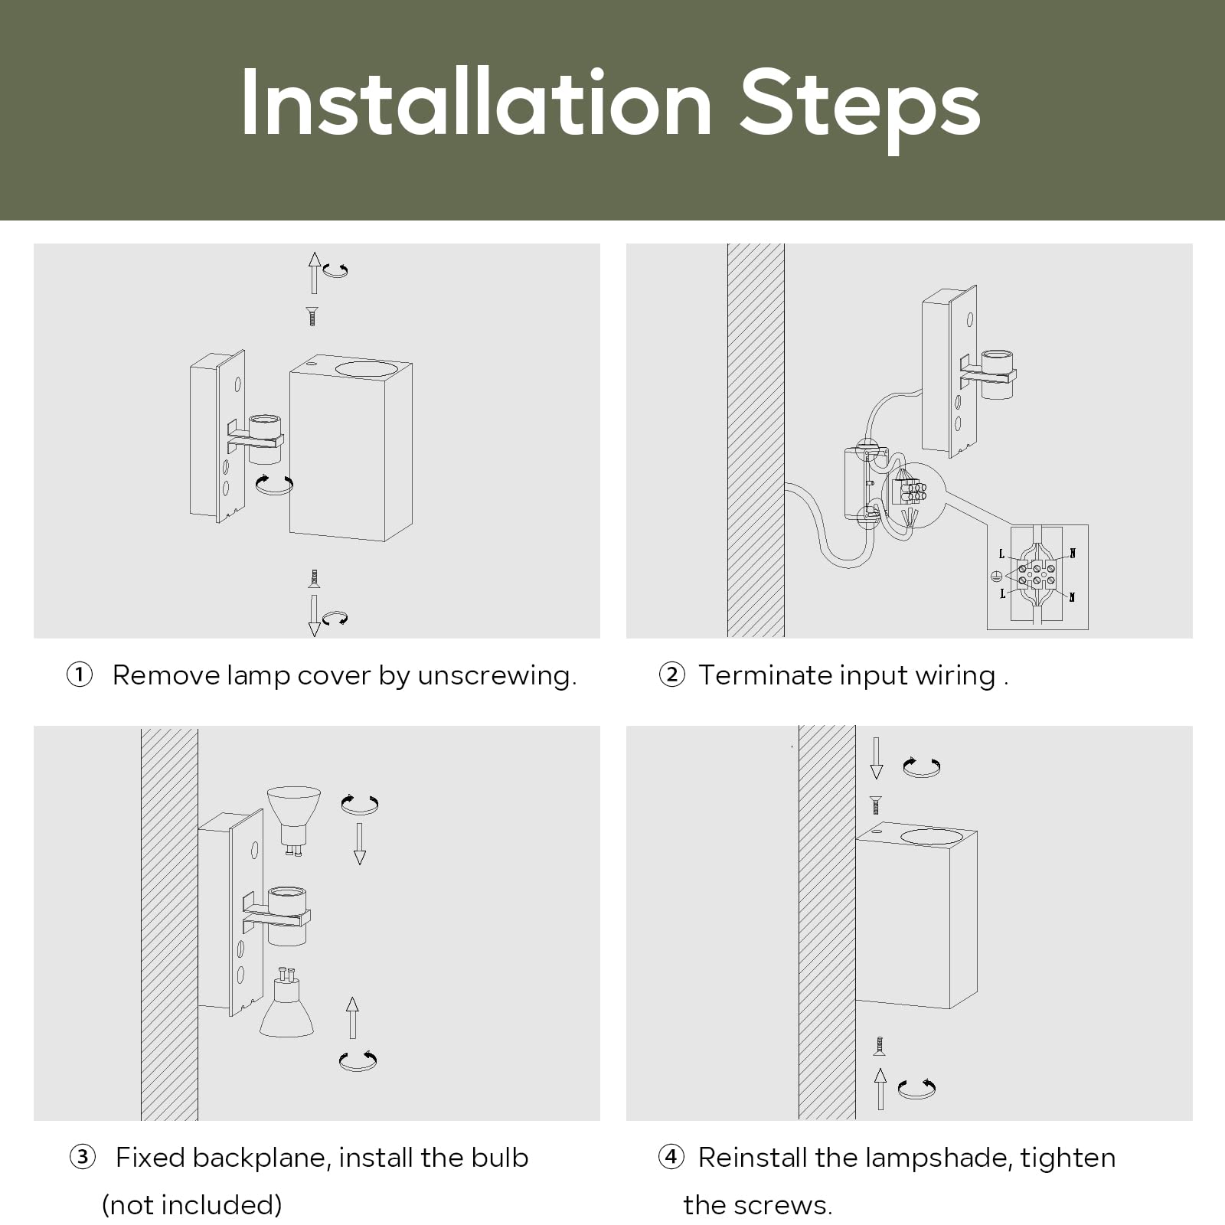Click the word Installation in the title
point(477,103)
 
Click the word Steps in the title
point(860,109)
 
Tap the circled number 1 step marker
point(80,675)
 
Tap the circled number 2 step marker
point(671,675)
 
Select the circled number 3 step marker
point(83,1157)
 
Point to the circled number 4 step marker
point(671,1157)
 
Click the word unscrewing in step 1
point(497,677)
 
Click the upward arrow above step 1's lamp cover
point(314,272)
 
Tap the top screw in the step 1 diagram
point(312,316)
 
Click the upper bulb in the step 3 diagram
point(293,820)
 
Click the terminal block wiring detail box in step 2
point(1037,577)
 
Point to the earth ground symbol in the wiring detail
point(997,577)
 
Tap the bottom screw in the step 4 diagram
point(880,1047)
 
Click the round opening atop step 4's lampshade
point(930,838)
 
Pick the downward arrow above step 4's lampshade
point(877,758)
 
